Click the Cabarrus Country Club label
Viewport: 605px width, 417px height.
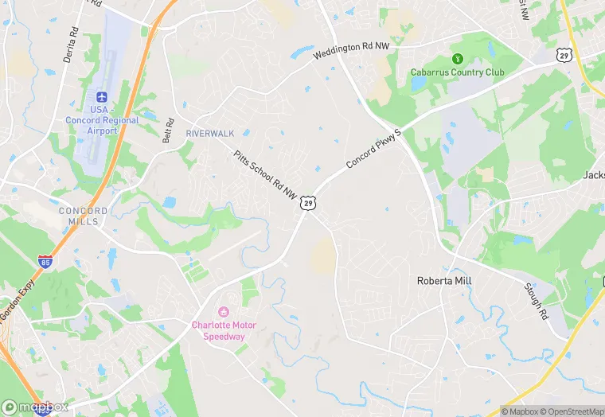[x=458, y=72]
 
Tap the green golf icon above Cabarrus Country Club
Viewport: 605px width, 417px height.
[x=458, y=58]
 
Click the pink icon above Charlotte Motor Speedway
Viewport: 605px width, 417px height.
[x=224, y=310]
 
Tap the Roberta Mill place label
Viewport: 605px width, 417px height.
[x=444, y=281]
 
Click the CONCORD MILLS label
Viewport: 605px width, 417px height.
[x=84, y=216]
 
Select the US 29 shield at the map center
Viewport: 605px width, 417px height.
[x=308, y=203]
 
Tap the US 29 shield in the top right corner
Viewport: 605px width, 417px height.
[x=564, y=54]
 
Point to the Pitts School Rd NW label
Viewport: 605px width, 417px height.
[x=265, y=174]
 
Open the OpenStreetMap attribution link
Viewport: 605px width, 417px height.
[x=571, y=411]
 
